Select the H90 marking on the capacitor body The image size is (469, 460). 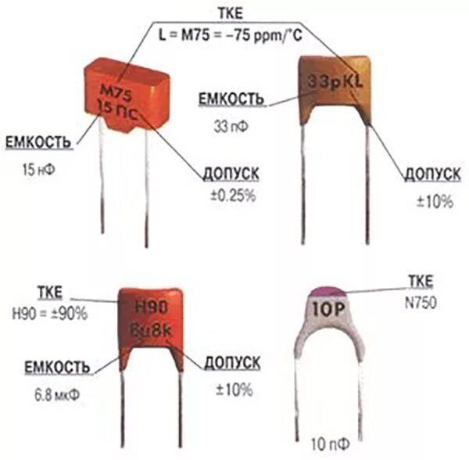tap(152, 306)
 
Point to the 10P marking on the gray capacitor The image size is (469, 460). tap(331, 310)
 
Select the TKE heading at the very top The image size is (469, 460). tap(235, 13)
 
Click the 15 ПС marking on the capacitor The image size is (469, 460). tap(124, 110)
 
